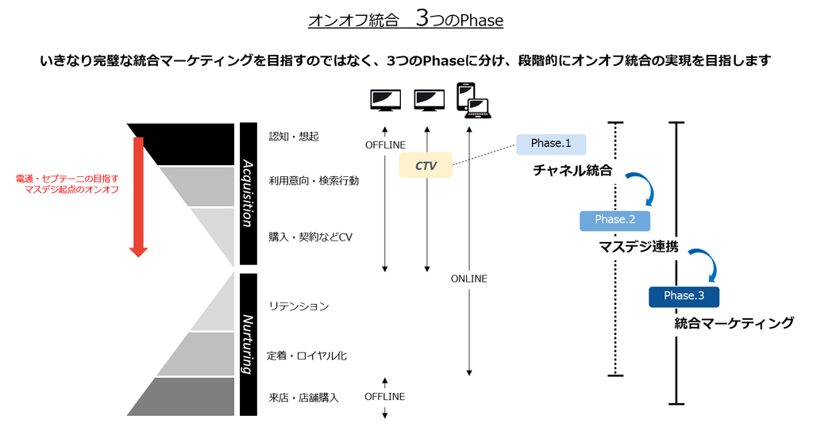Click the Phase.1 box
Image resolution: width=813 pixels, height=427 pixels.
pyautogui.click(x=551, y=144)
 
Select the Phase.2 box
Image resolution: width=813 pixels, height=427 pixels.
pyautogui.click(x=615, y=220)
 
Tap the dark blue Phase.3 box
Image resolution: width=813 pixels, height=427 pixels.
pyautogui.click(x=684, y=296)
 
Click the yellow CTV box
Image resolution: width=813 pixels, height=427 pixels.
pyautogui.click(x=426, y=165)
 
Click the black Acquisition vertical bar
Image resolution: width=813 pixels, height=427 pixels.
pyautogui.click(x=248, y=193)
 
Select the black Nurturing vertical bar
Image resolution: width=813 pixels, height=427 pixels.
pyautogui.click(x=248, y=344)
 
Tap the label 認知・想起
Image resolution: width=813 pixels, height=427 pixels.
pyautogui.click(x=294, y=137)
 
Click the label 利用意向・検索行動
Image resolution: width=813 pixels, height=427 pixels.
pyautogui.click(x=314, y=181)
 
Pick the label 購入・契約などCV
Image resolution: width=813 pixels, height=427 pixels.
pyautogui.click(x=310, y=237)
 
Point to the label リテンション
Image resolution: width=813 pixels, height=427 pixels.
pyautogui.click(x=299, y=306)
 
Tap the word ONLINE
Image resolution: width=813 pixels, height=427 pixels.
pyautogui.click(x=469, y=279)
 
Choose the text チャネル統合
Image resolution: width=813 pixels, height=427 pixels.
pyautogui.click(x=572, y=171)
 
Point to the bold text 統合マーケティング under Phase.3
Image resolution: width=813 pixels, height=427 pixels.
pyautogui.click(x=734, y=323)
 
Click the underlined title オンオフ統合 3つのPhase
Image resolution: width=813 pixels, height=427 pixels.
pyautogui.click(x=406, y=20)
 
